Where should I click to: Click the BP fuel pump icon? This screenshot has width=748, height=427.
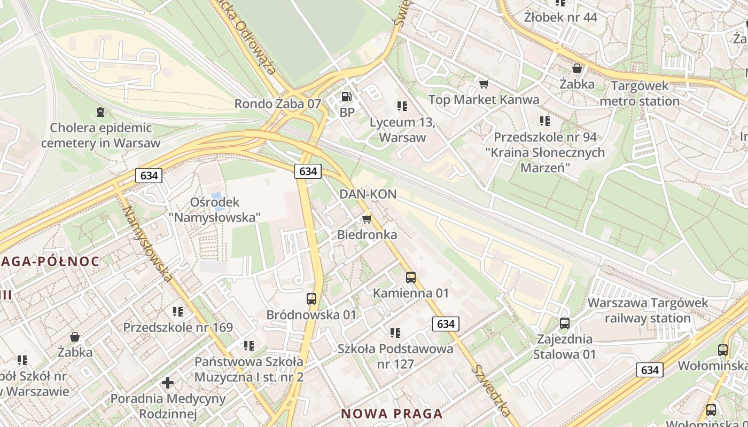(347, 97)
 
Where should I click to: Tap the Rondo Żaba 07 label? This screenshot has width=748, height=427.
(278, 104)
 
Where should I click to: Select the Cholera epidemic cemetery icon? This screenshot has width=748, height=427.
(100, 112)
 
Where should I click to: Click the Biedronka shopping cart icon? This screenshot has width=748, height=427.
(367, 219)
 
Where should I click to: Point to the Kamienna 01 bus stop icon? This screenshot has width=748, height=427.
(410, 277)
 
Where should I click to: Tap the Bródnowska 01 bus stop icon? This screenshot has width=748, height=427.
(311, 299)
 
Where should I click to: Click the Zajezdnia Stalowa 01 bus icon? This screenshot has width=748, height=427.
(564, 323)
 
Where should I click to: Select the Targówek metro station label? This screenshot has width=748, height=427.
(640, 93)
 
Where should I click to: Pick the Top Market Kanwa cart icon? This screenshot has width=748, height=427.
(484, 84)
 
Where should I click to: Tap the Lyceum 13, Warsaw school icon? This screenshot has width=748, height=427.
(402, 106)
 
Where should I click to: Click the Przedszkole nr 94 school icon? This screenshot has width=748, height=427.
(544, 121)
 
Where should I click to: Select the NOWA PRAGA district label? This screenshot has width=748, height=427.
(392, 413)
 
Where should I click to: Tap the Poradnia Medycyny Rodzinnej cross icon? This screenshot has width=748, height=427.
(168, 382)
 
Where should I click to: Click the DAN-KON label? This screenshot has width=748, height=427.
(368, 194)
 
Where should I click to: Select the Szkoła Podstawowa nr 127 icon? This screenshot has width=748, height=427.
(395, 333)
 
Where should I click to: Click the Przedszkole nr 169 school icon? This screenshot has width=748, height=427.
(178, 311)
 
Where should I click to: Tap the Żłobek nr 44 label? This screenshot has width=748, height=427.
(560, 17)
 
